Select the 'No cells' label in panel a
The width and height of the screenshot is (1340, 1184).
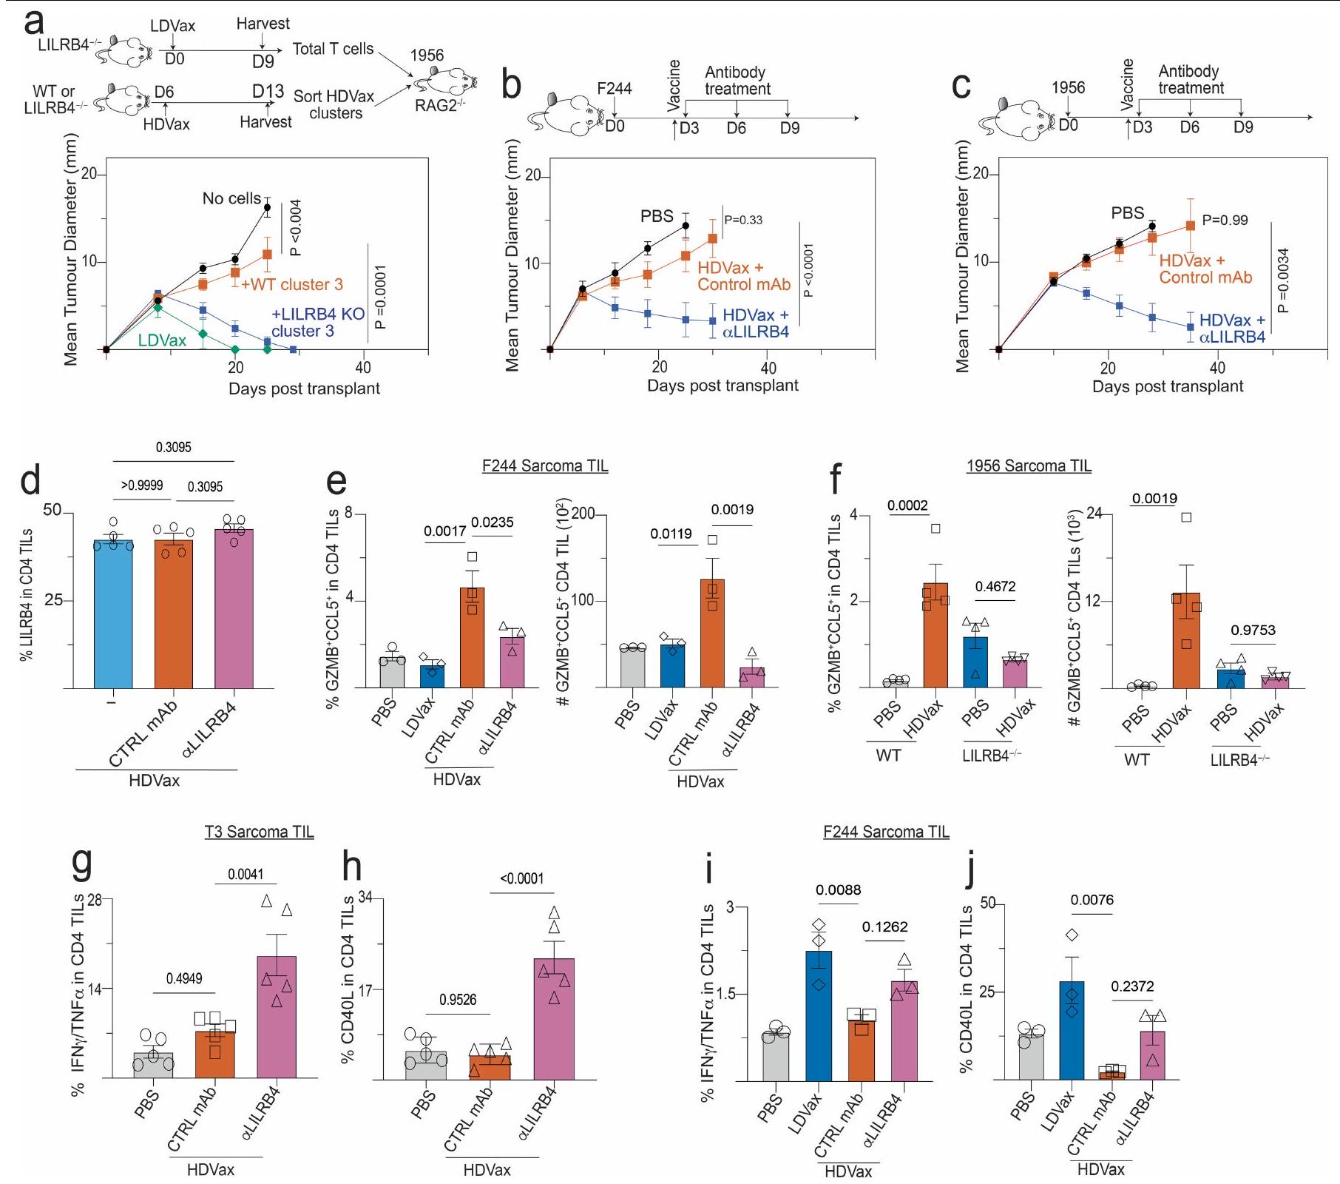coord(231,198)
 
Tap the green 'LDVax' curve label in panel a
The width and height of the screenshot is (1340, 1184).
coord(162,340)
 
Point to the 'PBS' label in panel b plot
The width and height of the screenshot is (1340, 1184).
coord(657,216)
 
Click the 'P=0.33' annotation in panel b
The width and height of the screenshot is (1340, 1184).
coord(743,220)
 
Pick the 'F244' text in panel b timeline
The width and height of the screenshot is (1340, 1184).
coord(614,89)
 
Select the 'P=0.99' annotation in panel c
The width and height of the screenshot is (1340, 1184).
coord(1225,220)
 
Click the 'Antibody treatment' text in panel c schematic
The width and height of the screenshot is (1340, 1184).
coord(1191,80)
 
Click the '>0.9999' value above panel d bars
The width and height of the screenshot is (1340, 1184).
coord(142,485)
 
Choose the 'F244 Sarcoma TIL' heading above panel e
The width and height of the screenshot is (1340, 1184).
coord(544,466)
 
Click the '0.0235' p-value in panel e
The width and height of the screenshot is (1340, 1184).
coord(492,522)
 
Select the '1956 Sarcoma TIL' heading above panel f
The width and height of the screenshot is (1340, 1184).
coord(1028,466)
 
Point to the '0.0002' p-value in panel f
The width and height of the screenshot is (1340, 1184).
coord(907,505)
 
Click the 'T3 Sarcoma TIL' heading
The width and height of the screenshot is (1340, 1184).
coord(259,832)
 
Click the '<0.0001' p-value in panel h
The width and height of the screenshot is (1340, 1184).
coord(521,878)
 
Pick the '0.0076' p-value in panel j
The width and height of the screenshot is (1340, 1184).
coord(1092,900)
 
